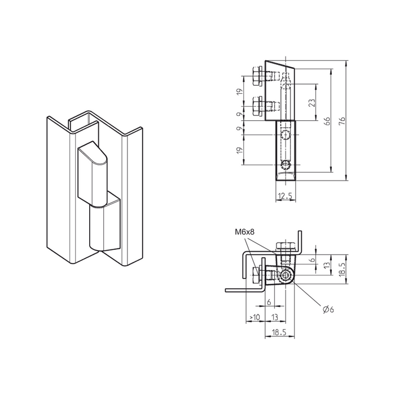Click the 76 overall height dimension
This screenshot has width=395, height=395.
coord(342,121)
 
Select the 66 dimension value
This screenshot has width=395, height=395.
coord(327,121)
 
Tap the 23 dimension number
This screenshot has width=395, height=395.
coord(312,102)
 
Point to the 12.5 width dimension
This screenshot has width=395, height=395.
coord(286,196)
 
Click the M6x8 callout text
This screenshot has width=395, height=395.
coord(244,232)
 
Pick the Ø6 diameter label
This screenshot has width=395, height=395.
coord(328,309)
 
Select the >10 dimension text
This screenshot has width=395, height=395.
coord(254,317)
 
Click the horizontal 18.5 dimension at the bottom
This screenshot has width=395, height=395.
coord(279,332)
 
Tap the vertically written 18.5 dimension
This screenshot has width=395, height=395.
coord(341,269)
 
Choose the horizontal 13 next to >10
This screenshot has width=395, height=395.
coord(274,317)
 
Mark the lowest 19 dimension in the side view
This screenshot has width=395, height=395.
coord(240,150)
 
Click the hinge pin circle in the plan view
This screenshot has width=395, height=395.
coord(286,276)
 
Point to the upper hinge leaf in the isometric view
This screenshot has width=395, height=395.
coord(93,174)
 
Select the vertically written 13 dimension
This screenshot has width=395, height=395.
coord(327,265)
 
